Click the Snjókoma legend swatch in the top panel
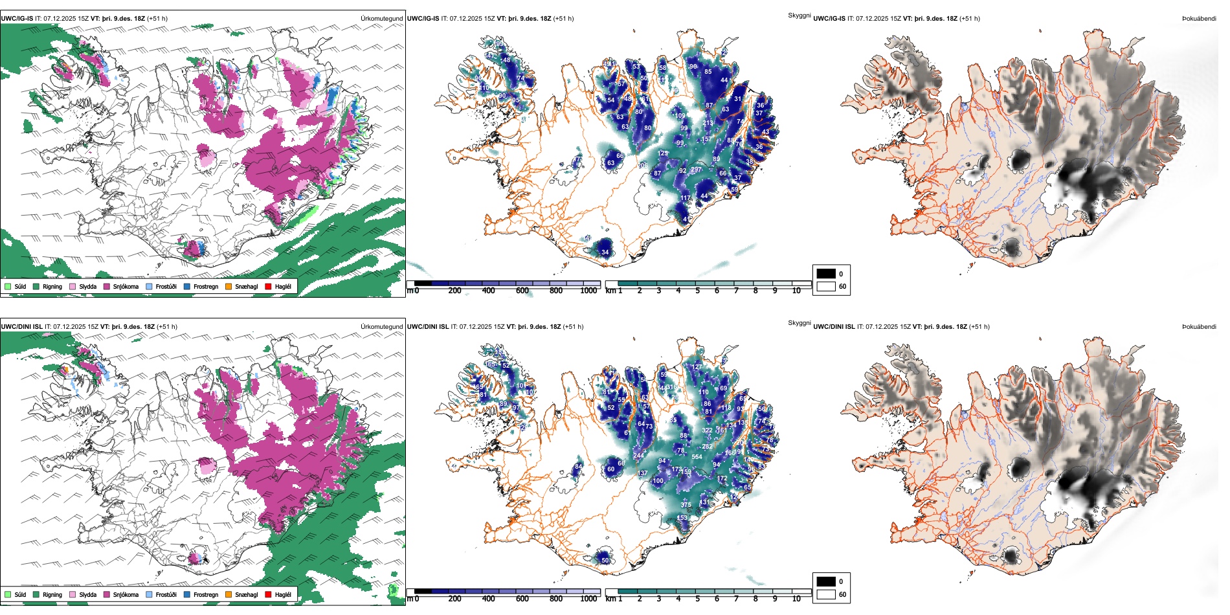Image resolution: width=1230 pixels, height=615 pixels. click(x=107, y=286)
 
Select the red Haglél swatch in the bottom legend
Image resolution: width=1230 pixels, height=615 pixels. click(x=268, y=594)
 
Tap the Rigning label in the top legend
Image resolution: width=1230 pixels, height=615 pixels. click(x=52, y=287)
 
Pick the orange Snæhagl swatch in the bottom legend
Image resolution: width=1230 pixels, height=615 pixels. click(x=229, y=594)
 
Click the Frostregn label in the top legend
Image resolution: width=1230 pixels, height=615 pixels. click(x=206, y=287)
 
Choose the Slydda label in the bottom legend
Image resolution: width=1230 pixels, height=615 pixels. click(x=88, y=595)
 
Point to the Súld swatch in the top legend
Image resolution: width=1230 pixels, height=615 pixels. click(x=8, y=286)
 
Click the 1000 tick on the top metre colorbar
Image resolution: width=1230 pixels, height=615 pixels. click(x=588, y=291)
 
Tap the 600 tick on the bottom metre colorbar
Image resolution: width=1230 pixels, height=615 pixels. click(x=522, y=599)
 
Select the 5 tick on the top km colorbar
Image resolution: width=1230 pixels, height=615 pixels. click(x=697, y=291)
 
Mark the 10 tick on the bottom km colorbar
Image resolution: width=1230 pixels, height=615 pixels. click(x=796, y=599)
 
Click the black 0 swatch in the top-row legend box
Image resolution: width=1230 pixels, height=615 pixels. click(x=826, y=274)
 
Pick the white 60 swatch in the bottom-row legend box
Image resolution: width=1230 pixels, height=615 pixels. click(x=826, y=594)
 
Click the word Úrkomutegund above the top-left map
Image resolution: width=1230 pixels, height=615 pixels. click(x=381, y=19)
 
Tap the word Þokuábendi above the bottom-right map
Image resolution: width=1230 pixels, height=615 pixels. click(x=1199, y=327)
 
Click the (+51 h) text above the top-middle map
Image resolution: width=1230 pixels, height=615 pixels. click(x=563, y=19)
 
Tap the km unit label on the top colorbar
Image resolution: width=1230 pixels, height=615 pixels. click(x=610, y=291)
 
